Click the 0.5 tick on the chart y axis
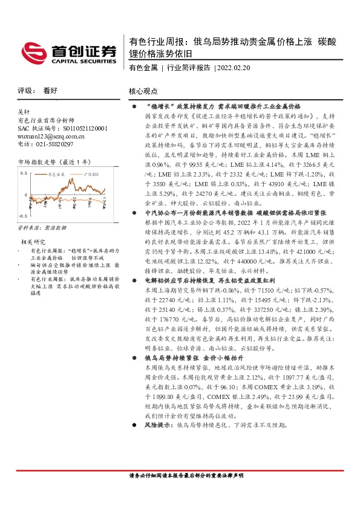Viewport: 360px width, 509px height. point(24,173)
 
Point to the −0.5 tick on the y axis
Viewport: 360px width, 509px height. point(24,216)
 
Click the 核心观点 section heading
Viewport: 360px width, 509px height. point(143,91)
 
